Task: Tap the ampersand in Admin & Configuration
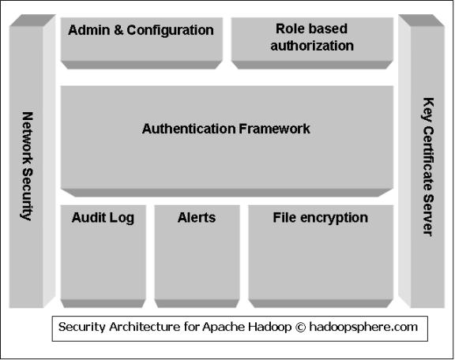(118, 30)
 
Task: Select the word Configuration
(170, 31)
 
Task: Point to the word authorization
(312, 46)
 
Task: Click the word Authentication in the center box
(189, 129)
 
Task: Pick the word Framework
(275, 129)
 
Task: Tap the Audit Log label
(103, 218)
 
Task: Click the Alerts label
(197, 218)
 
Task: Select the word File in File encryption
(284, 217)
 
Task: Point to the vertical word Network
(28, 138)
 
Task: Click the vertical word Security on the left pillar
(28, 194)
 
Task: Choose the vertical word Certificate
(428, 158)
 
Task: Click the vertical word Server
(428, 216)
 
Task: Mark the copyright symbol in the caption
(301, 327)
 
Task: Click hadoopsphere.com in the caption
(363, 328)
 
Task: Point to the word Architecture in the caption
(145, 327)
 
